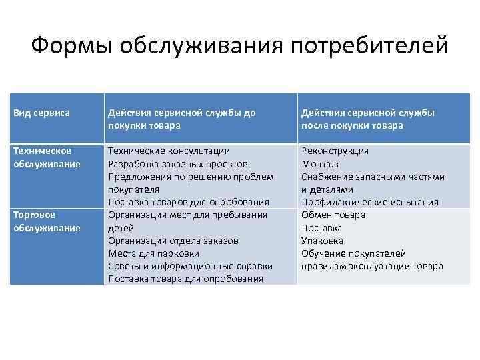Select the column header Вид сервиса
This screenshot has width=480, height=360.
click(41, 113)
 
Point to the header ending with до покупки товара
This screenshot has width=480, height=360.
click(182, 119)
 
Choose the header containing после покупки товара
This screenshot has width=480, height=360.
click(368, 119)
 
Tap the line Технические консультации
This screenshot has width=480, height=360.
click(169, 151)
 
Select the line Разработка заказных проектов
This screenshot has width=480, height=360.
click(177, 163)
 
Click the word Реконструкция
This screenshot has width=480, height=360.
click(335, 151)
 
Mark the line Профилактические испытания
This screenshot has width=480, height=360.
click(370, 202)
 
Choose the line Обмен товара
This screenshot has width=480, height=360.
click(333, 215)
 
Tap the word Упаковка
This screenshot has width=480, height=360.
click(323, 241)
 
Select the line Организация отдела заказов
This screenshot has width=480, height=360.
click(173, 241)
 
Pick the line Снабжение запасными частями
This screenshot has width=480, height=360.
click(373, 177)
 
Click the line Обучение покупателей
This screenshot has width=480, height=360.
click(353, 253)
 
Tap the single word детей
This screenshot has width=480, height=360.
click(121, 227)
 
